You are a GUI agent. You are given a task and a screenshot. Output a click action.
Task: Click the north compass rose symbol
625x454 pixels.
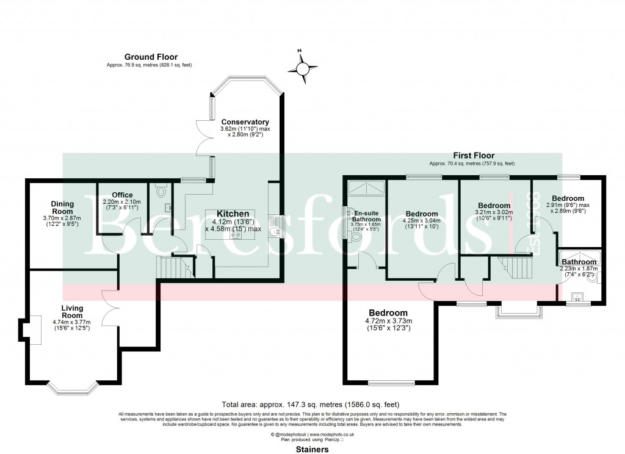[303, 67]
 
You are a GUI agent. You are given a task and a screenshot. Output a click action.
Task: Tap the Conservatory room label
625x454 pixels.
[245, 122]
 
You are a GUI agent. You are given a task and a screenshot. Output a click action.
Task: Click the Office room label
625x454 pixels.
[122, 195]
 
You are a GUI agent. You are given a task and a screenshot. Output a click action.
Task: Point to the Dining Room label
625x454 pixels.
[62, 207]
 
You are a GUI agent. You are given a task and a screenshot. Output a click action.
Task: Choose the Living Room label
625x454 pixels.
[72, 312]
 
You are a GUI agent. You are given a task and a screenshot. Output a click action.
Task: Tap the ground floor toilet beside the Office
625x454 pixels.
[161, 191]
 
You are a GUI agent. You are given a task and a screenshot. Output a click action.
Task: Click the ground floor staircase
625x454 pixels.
[170, 267]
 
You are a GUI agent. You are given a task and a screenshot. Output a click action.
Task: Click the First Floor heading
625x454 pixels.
[473, 156]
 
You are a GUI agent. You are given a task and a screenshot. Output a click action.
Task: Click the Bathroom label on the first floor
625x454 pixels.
[579, 262]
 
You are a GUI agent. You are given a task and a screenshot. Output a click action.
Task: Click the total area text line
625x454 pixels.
[312, 404]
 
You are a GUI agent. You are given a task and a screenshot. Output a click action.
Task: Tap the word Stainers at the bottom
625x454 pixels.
[312, 449]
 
